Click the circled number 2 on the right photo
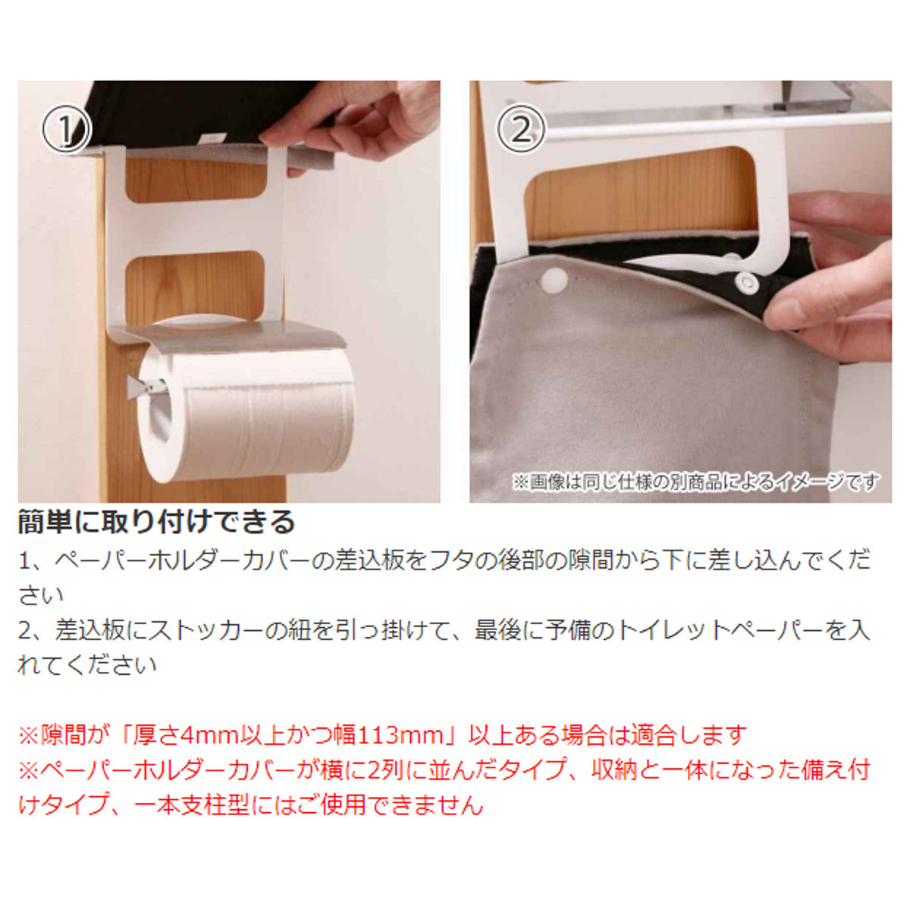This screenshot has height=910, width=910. [520, 129]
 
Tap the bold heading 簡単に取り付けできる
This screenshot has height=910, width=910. [156, 522]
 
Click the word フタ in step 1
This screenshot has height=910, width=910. [452, 560]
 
